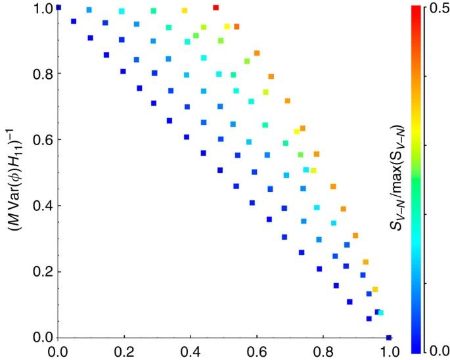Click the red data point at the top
tap(215, 7)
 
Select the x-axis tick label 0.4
tap(256, 351)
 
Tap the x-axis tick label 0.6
tap(322, 351)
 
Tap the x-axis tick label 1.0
tap(388, 351)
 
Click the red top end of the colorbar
tap(415, 11)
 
